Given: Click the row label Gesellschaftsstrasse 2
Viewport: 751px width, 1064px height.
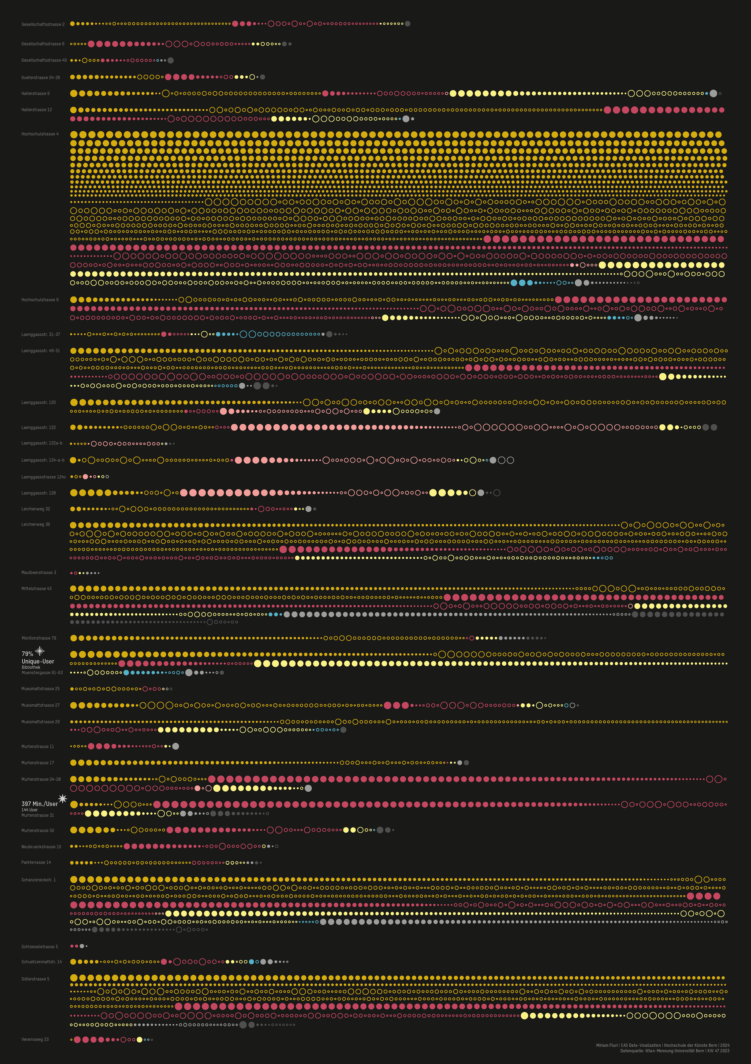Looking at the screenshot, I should click(x=43, y=24).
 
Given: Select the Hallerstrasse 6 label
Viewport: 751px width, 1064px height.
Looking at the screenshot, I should click(x=35, y=94).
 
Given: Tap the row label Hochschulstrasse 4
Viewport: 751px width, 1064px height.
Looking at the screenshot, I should click(x=40, y=134).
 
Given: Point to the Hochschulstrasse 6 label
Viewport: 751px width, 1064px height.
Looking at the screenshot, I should click(x=40, y=300).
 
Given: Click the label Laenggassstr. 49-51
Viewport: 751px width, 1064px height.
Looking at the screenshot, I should click(x=40, y=351).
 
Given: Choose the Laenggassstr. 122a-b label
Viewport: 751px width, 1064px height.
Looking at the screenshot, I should click(x=42, y=443).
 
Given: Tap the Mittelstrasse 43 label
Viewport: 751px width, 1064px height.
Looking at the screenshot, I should click(x=37, y=588).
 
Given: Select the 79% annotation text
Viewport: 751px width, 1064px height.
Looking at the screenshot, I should click(x=27, y=654).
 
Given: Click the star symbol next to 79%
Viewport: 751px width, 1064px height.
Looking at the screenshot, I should click(x=40, y=651).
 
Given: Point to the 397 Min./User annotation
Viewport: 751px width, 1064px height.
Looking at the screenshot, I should click(x=39, y=804).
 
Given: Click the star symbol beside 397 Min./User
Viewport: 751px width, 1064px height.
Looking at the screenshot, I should click(x=62, y=798).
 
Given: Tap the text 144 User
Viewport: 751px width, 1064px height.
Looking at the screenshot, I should click(x=30, y=810).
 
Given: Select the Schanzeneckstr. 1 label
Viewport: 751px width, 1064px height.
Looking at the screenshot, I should click(x=39, y=880).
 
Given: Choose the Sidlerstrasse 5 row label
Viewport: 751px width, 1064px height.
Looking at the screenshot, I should click(x=35, y=979).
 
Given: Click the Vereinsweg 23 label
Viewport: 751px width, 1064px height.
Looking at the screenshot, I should click(x=35, y=1039).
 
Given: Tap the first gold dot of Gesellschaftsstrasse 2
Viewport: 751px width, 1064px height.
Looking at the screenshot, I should click(x=73, y=24).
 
